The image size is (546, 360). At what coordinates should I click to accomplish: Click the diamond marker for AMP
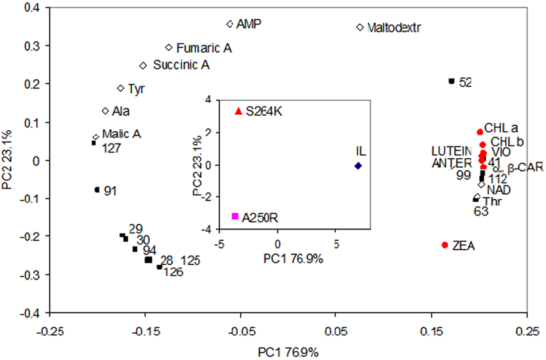pyautogui.click(x=230, y=24)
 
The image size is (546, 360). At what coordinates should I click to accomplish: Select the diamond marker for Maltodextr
pyautogui.click(x=360, y=28)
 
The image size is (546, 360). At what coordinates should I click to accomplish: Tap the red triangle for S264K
pyautogui.click(x=239, y=111)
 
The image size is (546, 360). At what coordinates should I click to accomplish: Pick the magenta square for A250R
pyautogui.click(x=235, y=216)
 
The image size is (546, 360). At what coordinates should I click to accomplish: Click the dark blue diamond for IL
pyautogui.click(x=358, y=165)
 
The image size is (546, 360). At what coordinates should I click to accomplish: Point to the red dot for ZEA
pyautogui.click(x=445, y=245)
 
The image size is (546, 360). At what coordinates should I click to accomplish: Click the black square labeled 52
pyautogui.click(x=452, y=81)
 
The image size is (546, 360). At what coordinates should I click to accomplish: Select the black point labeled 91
pyautogui.click(x=97, y=190)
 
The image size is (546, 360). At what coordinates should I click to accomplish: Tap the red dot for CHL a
pyautogui.click(x=479, y=132)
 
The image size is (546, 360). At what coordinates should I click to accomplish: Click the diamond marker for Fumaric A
pyautogui.click(x=169, y=48)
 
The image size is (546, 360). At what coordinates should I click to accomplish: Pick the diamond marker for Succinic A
pyautogui.click(x=143, y=66)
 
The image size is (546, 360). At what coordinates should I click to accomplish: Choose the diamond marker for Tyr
pyautogui.click(x=120, y=88)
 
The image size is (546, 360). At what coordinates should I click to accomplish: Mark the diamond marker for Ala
pyautogui.click(x=105, y=111)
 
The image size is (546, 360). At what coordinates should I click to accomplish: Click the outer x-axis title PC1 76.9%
pyautogui.click(x=288, y=352)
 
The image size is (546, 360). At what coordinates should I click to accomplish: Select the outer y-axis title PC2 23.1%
pyautogui.click(x=9, y=160)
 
